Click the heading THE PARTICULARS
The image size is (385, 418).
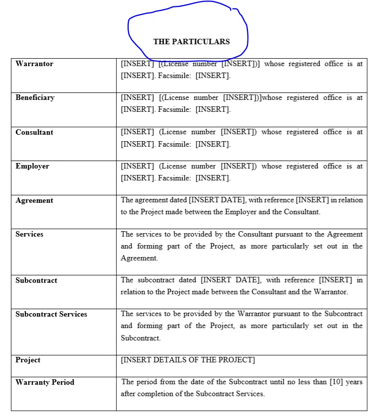pos(191,42)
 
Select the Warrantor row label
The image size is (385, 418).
pos(34,64)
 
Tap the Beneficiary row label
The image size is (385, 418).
pos(35,98)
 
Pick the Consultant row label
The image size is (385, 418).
pos(34,132)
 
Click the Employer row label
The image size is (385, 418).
pos(32,167)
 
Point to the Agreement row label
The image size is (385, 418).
pos(34,201)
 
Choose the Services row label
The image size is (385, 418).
pos(29,235)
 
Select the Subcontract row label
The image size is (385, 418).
pos(36,280)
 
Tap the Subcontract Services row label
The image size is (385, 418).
pos(51,315)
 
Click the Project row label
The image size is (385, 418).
pos(28,360)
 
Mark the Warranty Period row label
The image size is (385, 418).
pos(45,383)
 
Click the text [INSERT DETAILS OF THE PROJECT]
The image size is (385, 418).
pos(188,360)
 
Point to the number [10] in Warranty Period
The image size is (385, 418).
pos(336,382)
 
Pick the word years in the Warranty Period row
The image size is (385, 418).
pos(354,382)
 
